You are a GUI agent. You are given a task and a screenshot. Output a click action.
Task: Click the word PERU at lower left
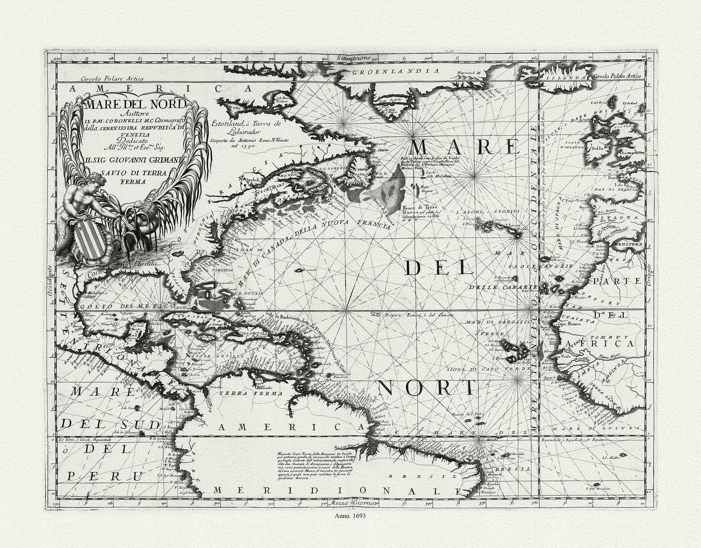pos(94,476)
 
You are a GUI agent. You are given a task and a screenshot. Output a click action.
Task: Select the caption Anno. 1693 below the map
pos(349,517)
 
